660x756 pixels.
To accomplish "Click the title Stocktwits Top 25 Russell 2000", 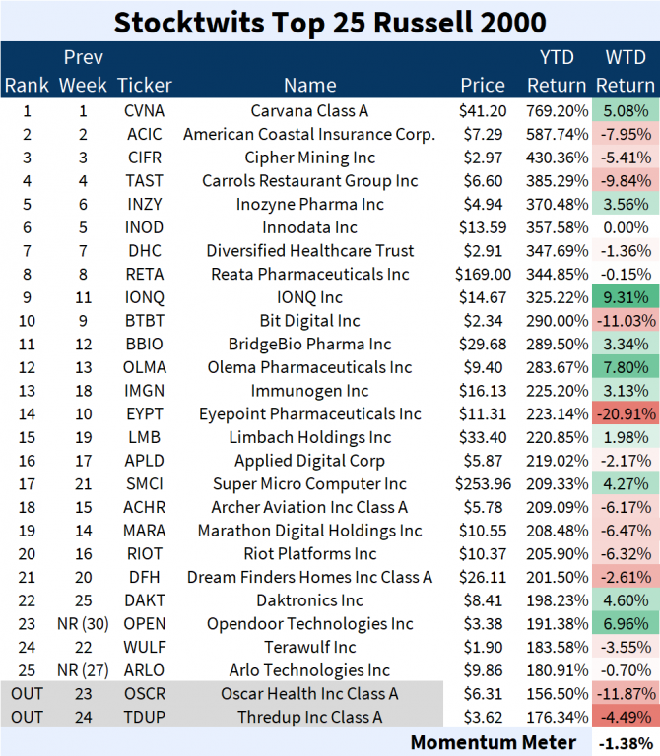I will (x=330, y=21).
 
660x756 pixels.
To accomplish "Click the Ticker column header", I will (x=144, y=85).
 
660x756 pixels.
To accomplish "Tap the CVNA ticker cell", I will (x=144, y=111).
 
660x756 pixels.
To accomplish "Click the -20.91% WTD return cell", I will (x=626, y=413).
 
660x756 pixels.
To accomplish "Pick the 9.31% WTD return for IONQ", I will (x=626, y=297).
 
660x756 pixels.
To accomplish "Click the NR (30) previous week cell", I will (x=84, y=623).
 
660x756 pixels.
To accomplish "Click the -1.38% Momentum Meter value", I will (x=626, y=741).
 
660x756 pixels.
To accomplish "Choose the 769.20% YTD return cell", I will (x=557, y=111).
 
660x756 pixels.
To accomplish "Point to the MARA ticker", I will (x=144, y=531).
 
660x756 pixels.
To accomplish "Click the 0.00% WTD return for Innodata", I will (x=626, y=227).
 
